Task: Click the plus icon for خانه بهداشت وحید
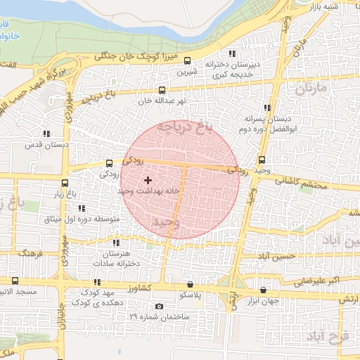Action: (x=147, y=181)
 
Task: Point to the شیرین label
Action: (x=187, y=72)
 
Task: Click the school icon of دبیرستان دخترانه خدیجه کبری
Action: (x=231, y=53)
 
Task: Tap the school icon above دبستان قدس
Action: (x=46, y=134)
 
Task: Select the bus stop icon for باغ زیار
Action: (x=65, y=183)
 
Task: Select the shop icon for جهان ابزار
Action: (x=263, y=290)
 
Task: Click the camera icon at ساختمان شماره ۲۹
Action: (x=160, y=306)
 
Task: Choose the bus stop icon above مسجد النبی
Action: (x=15, y=279)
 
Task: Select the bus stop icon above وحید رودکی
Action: (x=262, y=160)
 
